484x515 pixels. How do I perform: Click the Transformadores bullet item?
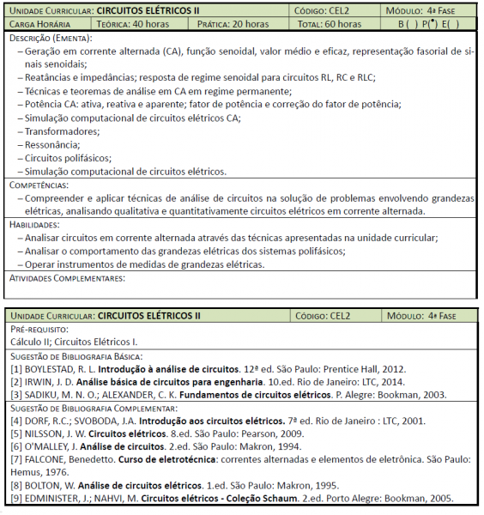coord(62,131)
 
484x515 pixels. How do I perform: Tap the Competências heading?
coord(39,185)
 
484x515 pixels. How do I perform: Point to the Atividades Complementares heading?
coord(67,277)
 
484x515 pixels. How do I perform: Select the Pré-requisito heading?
coord(39,329)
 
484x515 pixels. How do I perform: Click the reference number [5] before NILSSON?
coord(16,433)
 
